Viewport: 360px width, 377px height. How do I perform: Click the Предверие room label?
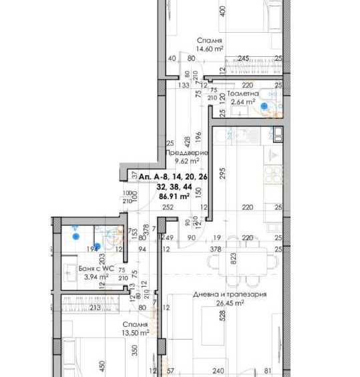[x=191, y=152]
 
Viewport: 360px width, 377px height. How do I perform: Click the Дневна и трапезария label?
[x=230, y=294]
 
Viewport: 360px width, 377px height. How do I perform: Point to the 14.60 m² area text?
[x=209, y=48]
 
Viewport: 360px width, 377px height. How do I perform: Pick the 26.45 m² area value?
[x=230, y=303]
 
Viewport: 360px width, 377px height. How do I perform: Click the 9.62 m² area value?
[x=187, y=160]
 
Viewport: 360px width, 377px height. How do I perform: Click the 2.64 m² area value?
[x=243, y=102]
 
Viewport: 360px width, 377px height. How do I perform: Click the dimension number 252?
[x=168, y=208]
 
